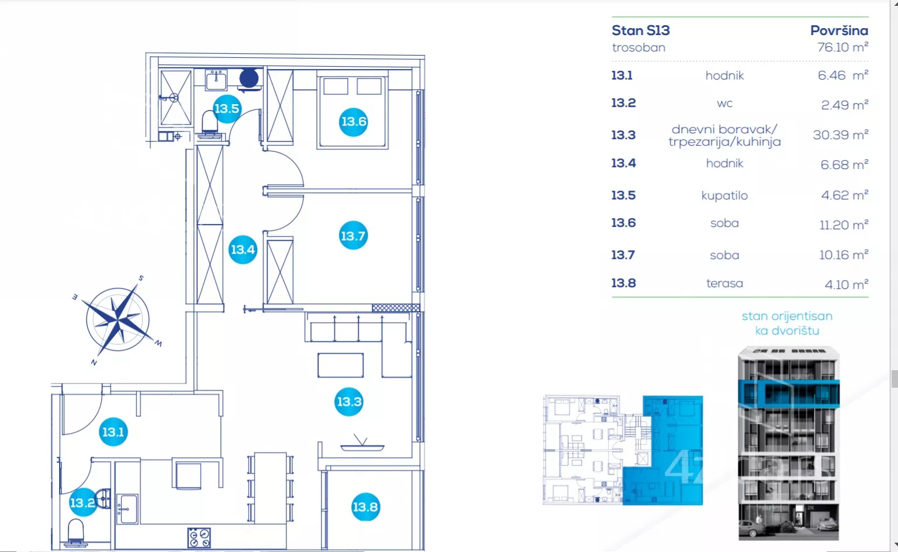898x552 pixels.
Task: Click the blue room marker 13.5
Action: coord(227,108)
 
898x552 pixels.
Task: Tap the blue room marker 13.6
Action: coord(353,122)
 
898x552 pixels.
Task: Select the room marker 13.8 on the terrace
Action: coord(365,507)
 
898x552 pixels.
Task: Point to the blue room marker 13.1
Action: coord(113,432)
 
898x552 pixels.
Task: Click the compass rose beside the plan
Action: coord(118,319)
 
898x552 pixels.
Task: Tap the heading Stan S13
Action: coord(641,30)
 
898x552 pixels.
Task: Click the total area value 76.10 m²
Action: coord(842,47)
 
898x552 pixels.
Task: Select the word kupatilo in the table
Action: coord(724,195)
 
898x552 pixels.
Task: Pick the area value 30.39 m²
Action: coord(841,134)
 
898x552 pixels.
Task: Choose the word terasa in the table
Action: coord(724,284)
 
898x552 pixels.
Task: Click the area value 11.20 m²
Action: coord(844,225)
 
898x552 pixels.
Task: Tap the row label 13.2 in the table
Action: coord(623,103)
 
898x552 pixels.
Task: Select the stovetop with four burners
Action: coord(199,537)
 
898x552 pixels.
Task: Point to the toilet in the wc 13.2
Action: coord(75,533)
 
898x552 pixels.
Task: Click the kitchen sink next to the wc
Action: coord(127,509)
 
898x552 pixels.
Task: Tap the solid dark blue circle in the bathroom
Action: coord(249,78)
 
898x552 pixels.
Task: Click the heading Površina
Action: coord(839,30)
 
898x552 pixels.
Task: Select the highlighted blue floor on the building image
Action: coord(789,394)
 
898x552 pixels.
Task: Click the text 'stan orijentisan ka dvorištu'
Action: coord(787,323)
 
